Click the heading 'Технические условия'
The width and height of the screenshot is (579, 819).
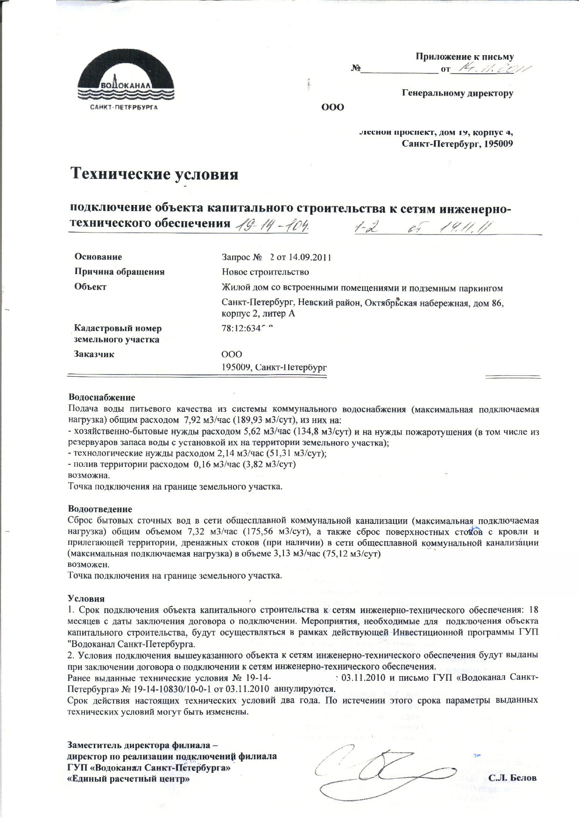(x=154, y=174)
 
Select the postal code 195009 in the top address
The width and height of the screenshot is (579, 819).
(x=499, y=144)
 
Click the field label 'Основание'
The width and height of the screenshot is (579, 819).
(x=98, y=257)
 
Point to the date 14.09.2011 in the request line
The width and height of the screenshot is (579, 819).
(x=310, y=257)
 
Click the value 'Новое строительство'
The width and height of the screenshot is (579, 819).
(x=265, y=272)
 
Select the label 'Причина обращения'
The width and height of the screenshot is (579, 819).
(x=120, y=272)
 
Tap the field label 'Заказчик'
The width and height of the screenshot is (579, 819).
(x=94, y=354)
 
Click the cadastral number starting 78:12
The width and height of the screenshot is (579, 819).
(x=246, y=328)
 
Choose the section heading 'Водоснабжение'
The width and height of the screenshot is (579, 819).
(x=101, y=397)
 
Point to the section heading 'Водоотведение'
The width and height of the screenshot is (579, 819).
(x=100, y=509)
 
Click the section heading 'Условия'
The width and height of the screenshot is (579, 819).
(x=86, y=598)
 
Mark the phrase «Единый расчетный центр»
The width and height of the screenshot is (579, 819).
(x=129, y=779)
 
